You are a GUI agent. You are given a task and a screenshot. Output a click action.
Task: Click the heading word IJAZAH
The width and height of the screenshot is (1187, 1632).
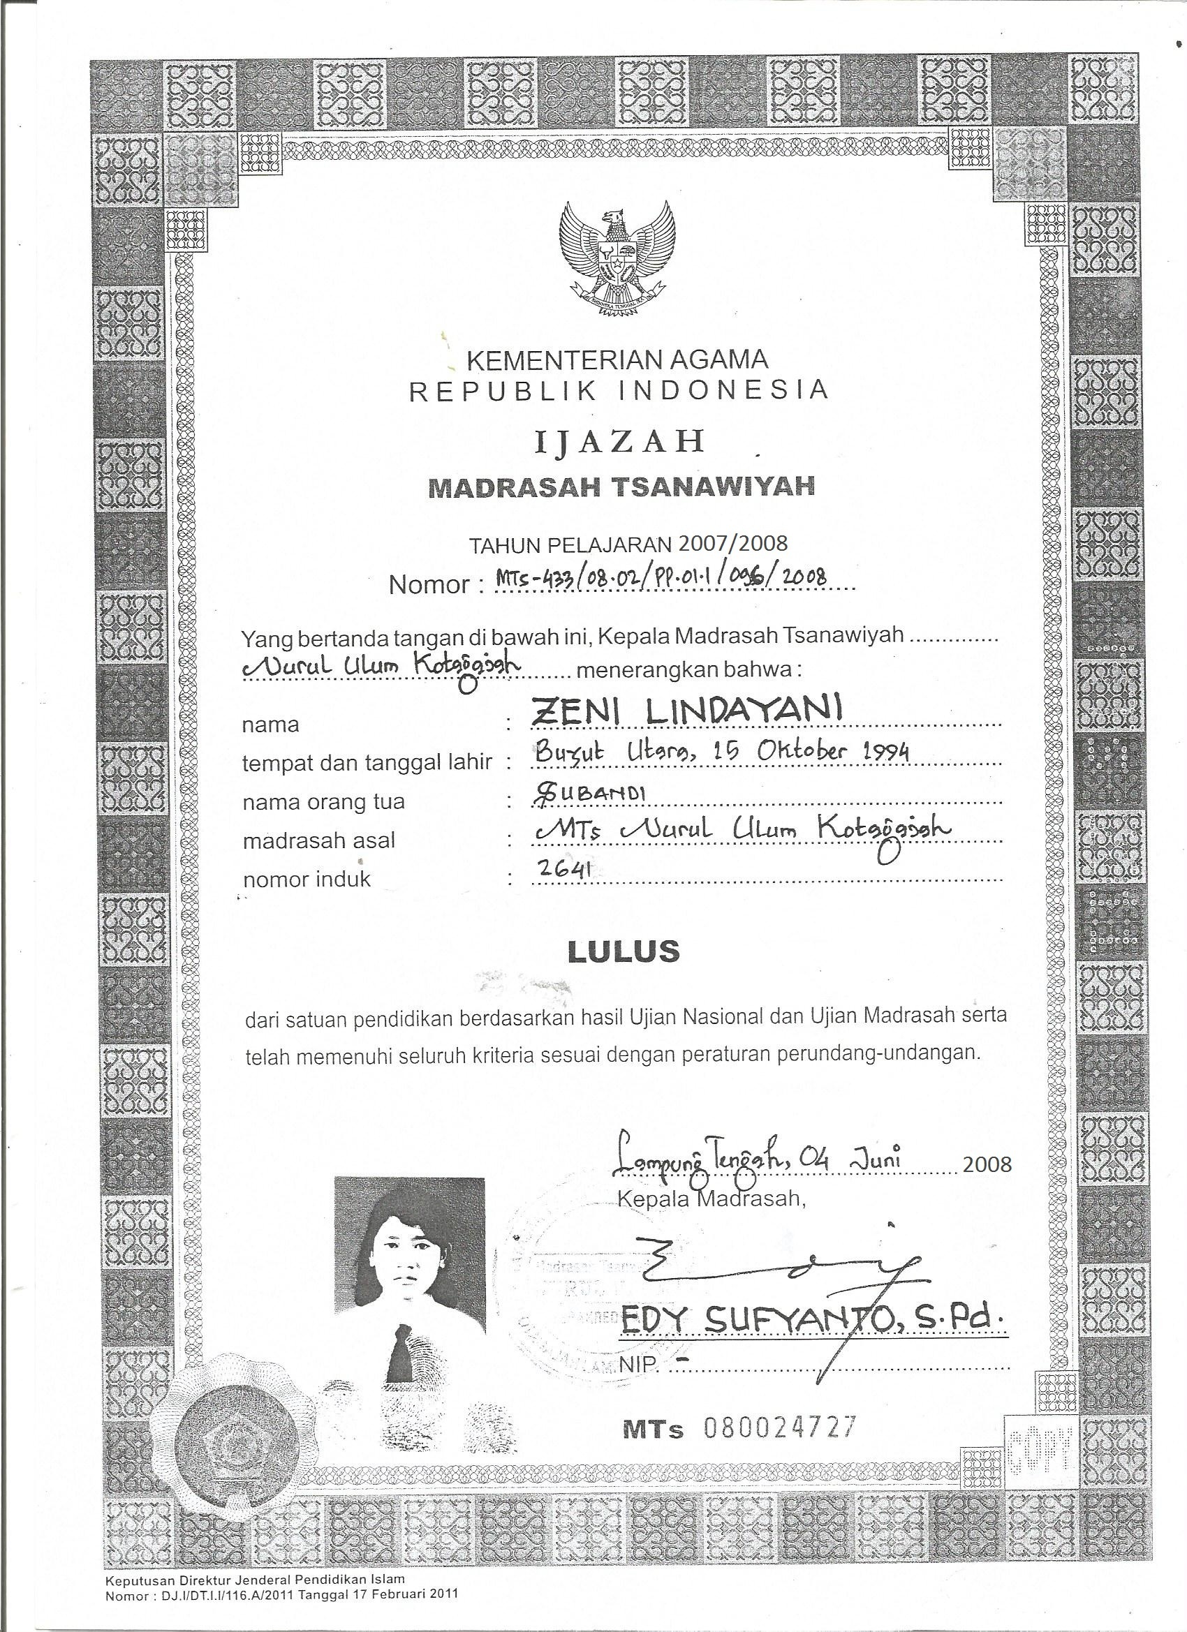pos(619,441)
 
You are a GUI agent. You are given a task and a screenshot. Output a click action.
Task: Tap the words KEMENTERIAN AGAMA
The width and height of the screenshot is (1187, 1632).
pos(618,358)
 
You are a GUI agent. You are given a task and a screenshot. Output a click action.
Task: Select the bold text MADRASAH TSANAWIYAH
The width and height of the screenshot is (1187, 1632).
pos(621,487)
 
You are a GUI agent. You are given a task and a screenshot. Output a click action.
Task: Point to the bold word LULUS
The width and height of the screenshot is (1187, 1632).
pos(624,951)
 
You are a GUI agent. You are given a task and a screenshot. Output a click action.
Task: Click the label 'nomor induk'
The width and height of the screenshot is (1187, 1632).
pos(307,880)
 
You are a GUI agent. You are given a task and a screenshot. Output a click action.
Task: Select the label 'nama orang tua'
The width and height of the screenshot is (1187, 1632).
pos(323,801)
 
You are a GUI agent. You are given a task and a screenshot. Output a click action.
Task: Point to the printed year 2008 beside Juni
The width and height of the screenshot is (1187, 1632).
pos(987,1164)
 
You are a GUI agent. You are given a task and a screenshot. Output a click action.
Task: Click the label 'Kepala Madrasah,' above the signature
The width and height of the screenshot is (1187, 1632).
pos(709,1199)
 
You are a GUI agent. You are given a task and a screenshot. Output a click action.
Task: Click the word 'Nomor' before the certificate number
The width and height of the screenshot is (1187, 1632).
pos(429,584)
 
